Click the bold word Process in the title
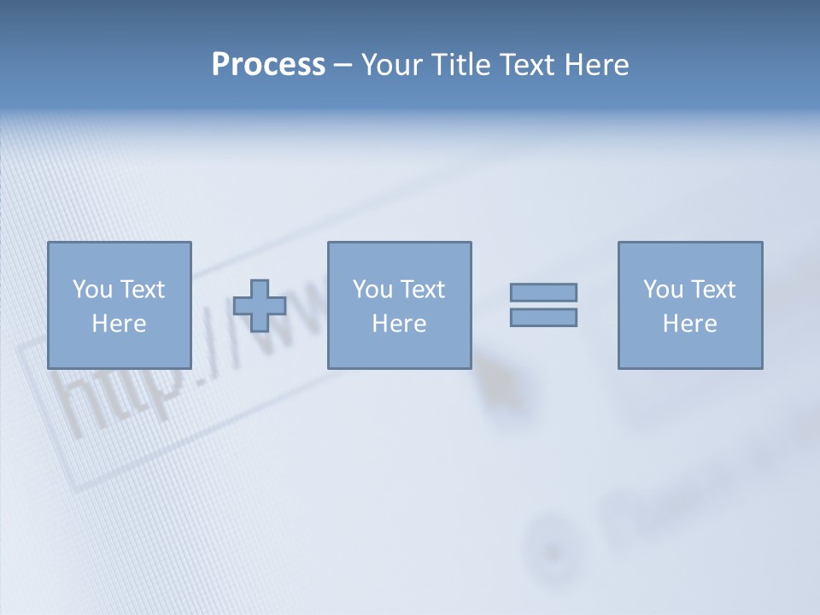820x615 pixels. coord(268,64)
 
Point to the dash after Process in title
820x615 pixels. coord(343,66)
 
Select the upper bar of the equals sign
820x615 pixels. coord(543,292)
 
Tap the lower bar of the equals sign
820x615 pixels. coord(543,317)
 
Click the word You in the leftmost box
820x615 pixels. coord(92,290)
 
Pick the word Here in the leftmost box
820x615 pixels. coord(119,324)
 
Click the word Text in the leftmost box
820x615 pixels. coord(142,290)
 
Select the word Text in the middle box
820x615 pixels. coord(422,290)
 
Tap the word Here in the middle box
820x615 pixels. coord(399,324)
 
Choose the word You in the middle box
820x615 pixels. coord(372,290)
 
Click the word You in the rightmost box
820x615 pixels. coord(663,290)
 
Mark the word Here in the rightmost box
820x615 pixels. coord(689,324)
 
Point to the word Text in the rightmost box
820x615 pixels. coord(712,290)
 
